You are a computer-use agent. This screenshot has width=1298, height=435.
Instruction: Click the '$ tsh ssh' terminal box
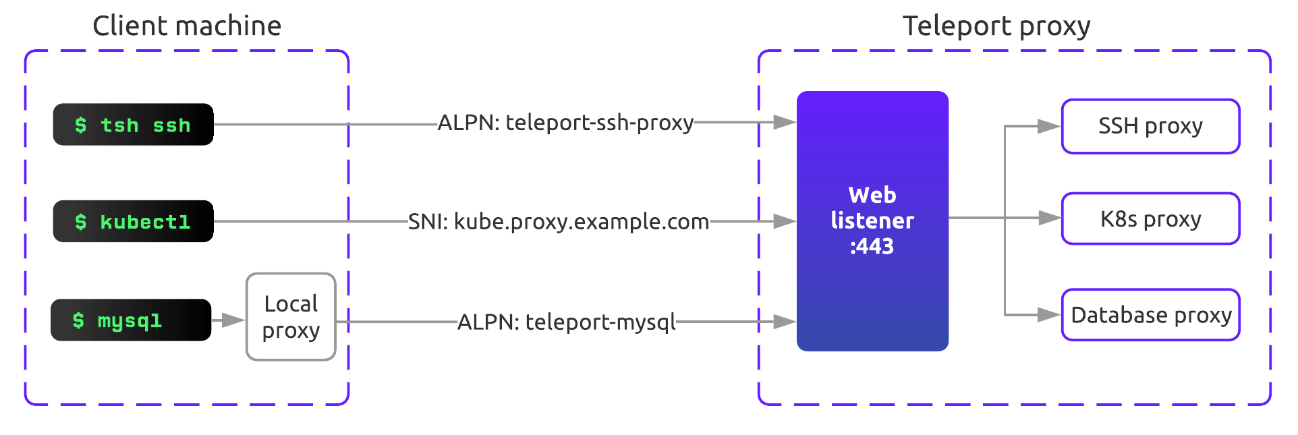point(133,125)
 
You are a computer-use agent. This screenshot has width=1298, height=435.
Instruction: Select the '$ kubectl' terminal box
point(133,221)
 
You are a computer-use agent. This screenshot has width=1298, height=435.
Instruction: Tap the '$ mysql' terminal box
point(131,320)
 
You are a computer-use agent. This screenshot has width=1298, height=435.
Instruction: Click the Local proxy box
point(291,317)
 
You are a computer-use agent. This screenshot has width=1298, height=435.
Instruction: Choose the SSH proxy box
point(1150,126)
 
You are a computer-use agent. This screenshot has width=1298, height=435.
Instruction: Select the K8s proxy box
point(1150,219)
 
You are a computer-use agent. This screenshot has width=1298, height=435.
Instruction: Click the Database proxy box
point(1150,315)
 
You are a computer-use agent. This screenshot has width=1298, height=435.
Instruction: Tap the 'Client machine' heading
point(187,26)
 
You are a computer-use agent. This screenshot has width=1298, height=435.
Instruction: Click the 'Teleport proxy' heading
point(996,26)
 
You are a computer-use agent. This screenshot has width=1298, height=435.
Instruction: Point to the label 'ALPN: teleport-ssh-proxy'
point(565,123)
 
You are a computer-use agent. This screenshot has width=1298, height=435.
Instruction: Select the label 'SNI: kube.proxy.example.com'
point(558,221)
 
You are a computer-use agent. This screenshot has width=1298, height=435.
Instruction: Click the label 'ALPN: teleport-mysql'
point(566,322)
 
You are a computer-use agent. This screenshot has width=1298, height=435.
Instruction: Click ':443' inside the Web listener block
point(872,247)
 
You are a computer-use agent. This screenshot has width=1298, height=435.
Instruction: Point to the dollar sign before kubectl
point(81,222)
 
